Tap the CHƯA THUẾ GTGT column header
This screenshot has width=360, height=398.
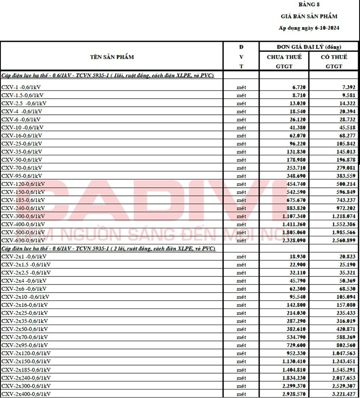coord(284,61)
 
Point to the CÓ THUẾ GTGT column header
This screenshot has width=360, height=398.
coord(334,61)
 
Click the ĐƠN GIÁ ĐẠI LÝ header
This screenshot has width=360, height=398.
coord(309,47)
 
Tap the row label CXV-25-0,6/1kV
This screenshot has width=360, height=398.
coord(22,144)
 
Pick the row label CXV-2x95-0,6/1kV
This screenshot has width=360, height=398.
coord(26,345)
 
